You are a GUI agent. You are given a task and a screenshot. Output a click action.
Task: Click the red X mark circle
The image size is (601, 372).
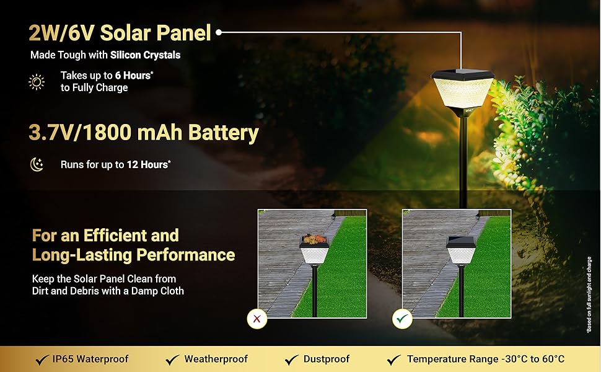tap(257, 319)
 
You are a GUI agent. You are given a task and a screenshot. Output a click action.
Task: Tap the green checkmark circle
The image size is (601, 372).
tap(402, 319)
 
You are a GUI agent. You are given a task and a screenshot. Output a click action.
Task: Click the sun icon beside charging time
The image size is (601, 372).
tap(37, 82)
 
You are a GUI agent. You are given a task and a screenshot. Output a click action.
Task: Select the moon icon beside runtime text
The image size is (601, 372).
tap(37, 164)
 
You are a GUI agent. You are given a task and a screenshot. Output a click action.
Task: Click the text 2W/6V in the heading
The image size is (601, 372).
tap(61, 33)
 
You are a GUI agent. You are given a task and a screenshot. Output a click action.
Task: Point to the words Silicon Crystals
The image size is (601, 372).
tap(145, 55)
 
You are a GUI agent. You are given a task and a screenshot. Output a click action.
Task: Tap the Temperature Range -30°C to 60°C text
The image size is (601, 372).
tap(486, 359)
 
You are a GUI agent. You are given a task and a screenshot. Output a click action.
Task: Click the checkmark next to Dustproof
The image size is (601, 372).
tap(291, 360)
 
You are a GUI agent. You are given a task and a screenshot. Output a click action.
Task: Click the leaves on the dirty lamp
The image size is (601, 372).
tap(314, 239)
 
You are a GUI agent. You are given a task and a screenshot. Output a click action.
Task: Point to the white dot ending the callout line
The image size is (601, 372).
tap(219, 33)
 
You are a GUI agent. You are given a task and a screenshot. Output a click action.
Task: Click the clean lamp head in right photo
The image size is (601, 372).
tap(461, 250)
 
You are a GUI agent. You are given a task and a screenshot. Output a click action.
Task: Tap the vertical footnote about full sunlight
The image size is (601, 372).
tap(589, 294)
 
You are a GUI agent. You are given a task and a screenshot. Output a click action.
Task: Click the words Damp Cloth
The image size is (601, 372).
tap(157, 291)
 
